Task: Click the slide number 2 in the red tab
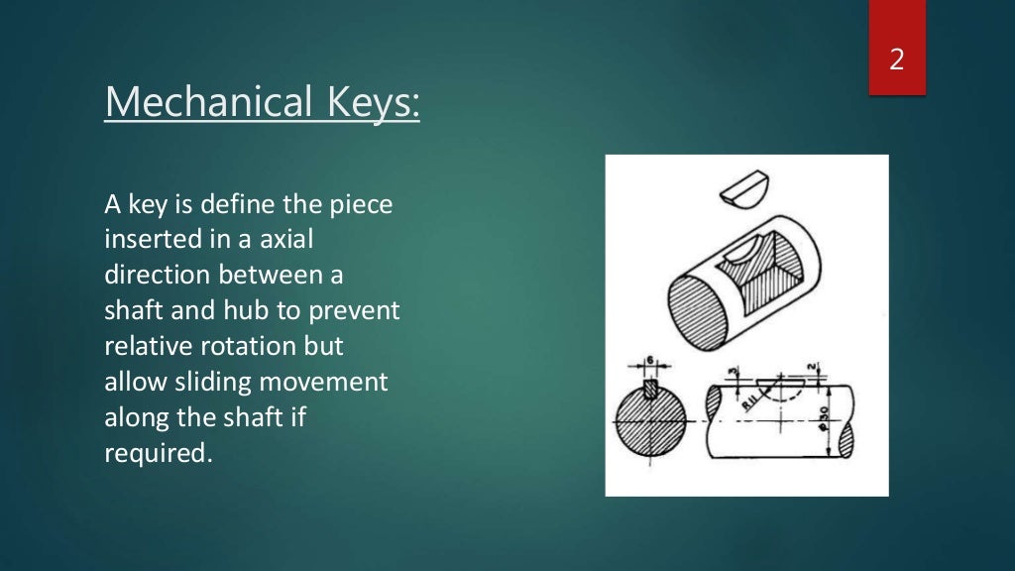coord(896,59)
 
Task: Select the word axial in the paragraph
coord(285,241)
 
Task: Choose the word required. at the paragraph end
coord(159,453)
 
